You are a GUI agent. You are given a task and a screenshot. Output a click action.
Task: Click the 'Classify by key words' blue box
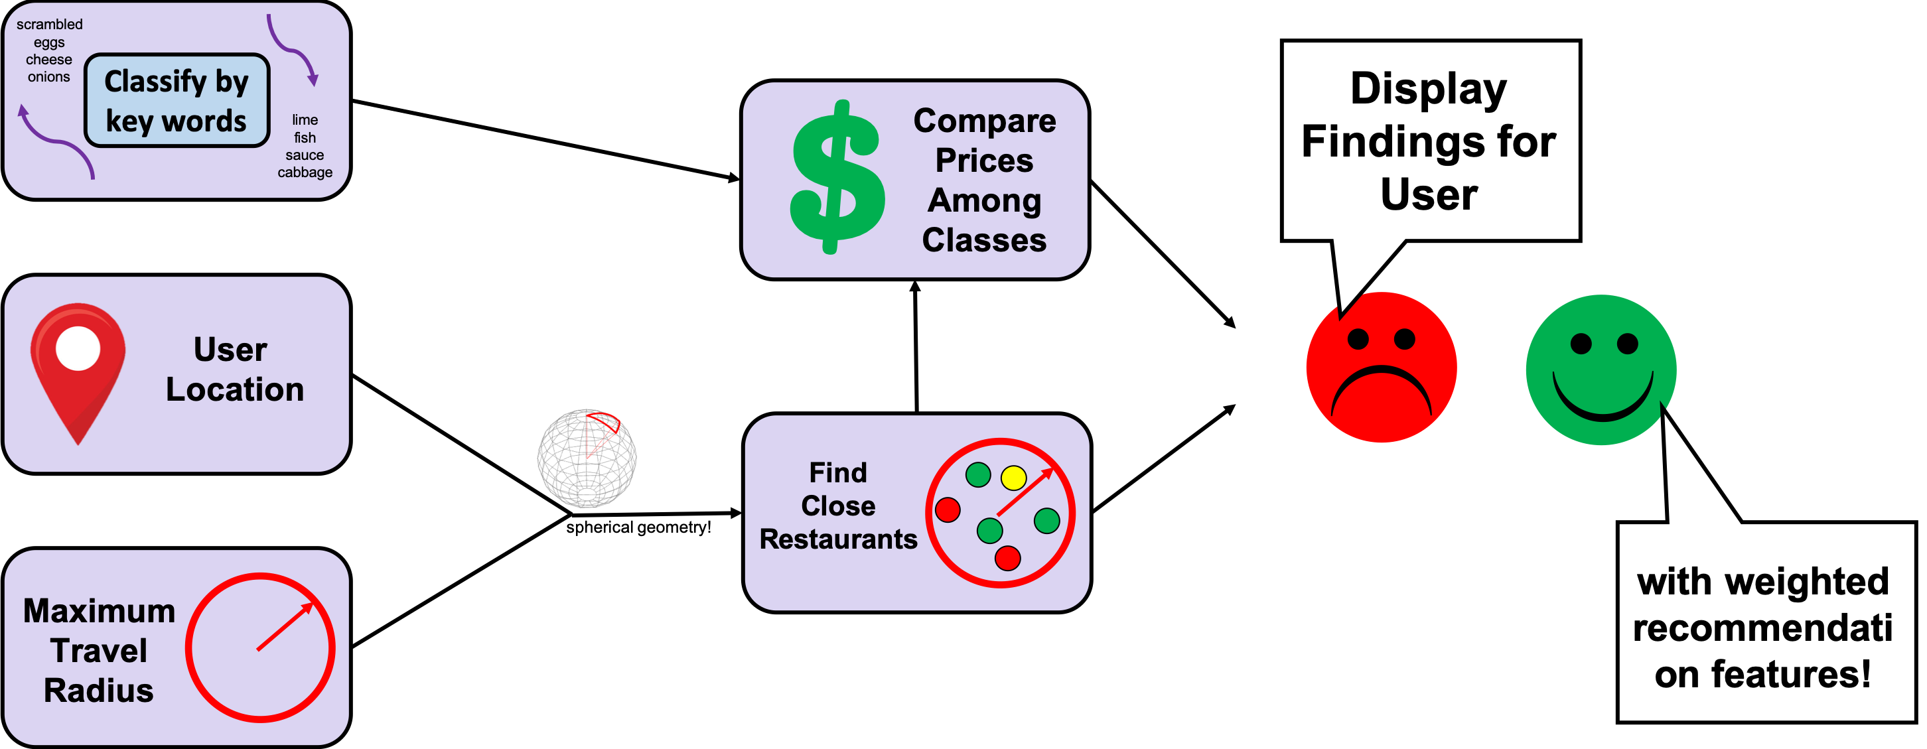click(177, 100)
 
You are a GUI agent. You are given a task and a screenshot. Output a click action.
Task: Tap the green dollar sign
click(837, 177)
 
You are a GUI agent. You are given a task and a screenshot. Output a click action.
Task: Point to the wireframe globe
click(587, 458)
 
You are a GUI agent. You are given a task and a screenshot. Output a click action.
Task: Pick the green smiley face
click(1601, 370)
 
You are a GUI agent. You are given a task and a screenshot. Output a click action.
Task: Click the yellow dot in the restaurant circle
click(1014, 476)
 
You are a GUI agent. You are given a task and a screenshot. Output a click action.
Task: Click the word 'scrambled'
click(49, 25)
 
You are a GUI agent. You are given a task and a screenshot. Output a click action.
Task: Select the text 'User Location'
click(234, 370)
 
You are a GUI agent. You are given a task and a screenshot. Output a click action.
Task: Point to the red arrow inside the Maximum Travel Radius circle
click(284, 626)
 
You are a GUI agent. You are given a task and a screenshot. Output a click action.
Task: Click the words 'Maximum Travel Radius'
click(99, 650)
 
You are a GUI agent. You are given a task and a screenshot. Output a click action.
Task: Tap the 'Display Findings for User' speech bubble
click(1429, 141)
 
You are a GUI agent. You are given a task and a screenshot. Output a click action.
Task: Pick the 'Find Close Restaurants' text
click(838, 506)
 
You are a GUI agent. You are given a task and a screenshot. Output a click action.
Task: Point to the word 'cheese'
click(49, 60)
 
